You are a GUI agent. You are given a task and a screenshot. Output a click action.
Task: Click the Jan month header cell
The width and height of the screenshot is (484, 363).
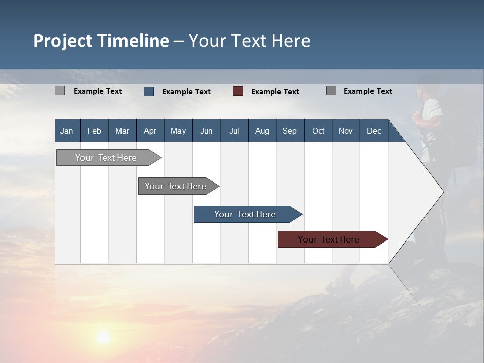tap(67, 131)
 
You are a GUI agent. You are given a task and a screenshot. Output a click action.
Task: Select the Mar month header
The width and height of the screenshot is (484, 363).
tap(122, 131)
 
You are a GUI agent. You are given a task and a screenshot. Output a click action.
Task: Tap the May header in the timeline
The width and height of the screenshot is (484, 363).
tap(178, 131)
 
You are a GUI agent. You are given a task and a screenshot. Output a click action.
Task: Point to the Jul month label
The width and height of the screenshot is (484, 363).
tap(234, 131)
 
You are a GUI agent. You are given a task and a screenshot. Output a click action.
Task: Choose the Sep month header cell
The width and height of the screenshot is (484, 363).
tap(289, 131)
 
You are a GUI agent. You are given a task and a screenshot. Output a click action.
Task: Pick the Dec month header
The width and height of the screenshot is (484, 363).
tap(374, 131)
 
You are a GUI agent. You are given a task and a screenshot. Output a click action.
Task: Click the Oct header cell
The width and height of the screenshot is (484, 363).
tap(318, 131)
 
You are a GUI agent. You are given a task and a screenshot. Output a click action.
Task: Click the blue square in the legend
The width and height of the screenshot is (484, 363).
tap(149, 91)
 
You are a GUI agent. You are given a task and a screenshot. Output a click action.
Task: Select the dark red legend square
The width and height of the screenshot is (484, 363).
tap(238, 91)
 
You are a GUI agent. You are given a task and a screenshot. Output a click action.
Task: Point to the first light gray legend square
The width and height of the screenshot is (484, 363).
tap(59, 91)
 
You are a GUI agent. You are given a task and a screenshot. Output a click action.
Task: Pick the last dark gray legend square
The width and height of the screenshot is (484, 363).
tap(331, 91)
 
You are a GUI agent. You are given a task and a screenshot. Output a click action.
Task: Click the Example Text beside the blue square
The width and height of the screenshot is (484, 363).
tap(187, 92)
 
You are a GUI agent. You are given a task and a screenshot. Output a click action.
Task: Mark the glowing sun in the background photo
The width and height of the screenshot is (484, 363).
tap(104, 336)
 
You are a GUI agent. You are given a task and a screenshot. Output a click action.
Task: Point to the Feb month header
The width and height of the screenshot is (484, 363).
tap(94, 131)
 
